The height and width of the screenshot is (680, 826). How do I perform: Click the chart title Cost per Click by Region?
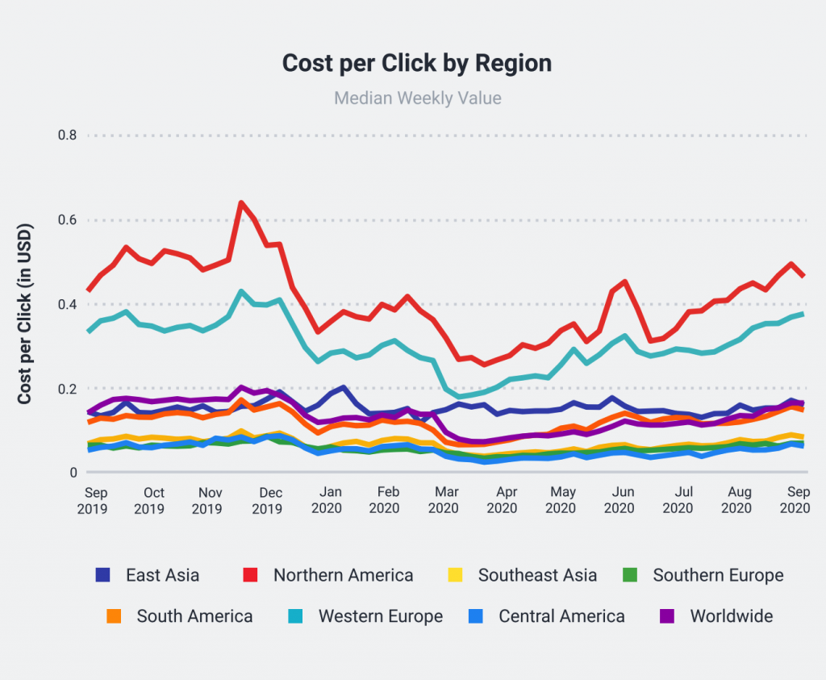(x=417, y=64)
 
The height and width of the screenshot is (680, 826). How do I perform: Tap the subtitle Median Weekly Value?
(x=417, y=98)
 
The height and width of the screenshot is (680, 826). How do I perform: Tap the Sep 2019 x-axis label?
(x=96, y=500)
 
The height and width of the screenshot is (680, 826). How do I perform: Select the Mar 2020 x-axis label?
(x=443, y=500)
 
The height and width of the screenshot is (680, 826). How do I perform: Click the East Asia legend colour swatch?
(x=102, y=575)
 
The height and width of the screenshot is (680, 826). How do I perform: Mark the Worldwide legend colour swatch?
(x=666, y=616)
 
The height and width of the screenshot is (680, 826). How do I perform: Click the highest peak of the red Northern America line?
(x=240, y=202)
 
